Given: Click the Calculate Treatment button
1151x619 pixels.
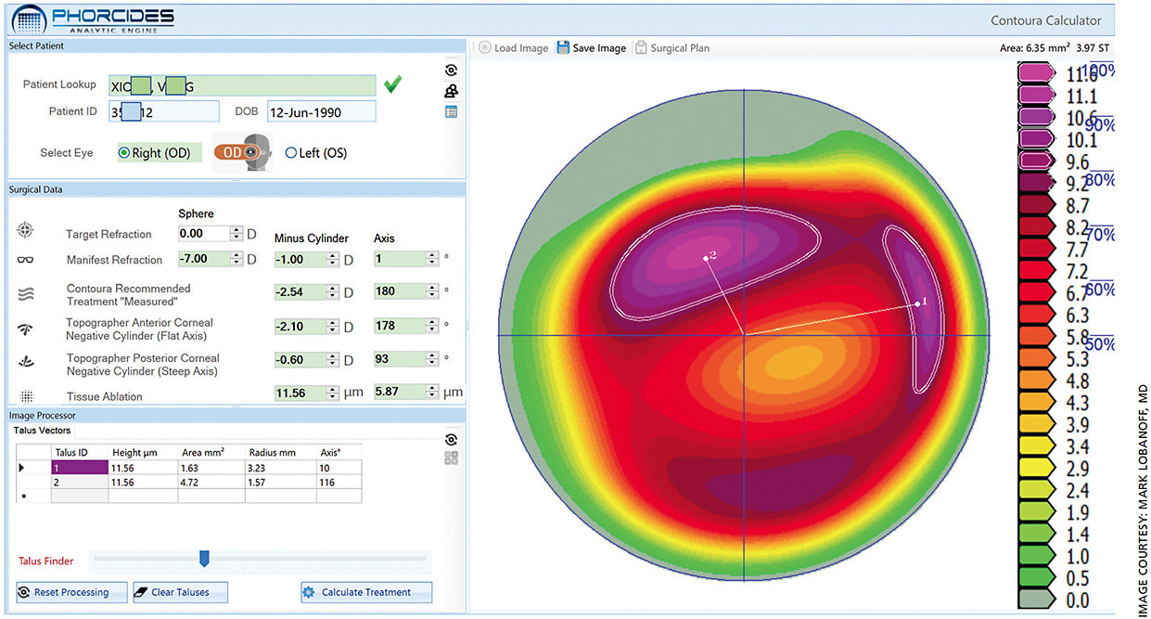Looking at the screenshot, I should point(366,592).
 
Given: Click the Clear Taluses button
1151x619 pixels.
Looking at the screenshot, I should point(180,592).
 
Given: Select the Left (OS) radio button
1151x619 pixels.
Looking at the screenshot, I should point(291,153).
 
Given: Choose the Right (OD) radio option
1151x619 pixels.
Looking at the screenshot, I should point(123,153).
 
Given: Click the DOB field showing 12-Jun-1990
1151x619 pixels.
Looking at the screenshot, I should point(321,112).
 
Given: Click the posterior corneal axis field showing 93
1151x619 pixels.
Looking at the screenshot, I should point(398,359).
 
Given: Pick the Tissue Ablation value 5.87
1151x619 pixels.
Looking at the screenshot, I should point(398,392).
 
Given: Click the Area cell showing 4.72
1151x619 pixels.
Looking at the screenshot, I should point(211,483).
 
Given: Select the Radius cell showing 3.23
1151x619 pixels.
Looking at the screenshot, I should point(280,469).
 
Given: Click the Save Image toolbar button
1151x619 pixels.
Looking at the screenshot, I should point(591,48).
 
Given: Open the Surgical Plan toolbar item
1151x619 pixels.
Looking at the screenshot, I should point(672,48).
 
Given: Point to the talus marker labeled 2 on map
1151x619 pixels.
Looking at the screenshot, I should point(706,258).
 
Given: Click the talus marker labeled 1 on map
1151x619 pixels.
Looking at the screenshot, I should point(917,303).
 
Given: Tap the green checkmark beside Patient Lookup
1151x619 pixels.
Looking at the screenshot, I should point(393,85).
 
